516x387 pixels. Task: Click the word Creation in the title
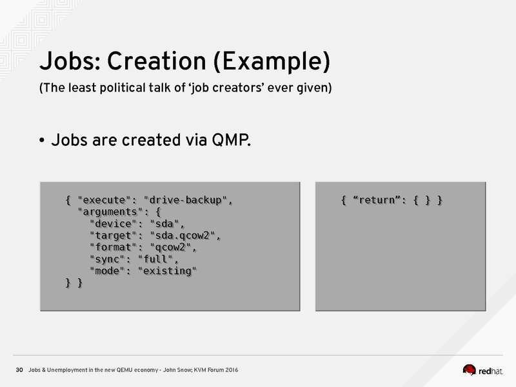pos(156,61)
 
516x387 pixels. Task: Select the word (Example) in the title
pos(272,62)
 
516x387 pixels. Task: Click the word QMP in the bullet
pos(231,140)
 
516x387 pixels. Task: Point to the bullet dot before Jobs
pos(42,141)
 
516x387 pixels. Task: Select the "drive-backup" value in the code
pos(186,200)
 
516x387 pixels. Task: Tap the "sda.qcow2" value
pos(183,235)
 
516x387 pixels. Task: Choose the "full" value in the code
pos(155,259)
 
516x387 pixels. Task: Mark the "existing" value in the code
pos(167,271)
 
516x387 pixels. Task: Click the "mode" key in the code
pos(107,271)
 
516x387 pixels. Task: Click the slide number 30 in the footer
pos(19,370)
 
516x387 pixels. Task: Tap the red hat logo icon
pos(470,370)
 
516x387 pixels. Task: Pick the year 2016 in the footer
pos(232,370)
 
